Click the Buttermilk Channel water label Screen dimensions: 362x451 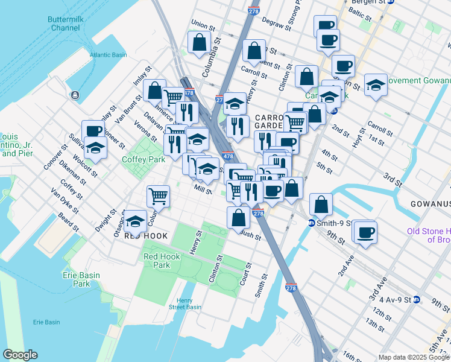pos(66,24)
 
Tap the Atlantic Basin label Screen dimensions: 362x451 pos(109,55)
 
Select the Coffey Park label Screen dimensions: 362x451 pos(143,160)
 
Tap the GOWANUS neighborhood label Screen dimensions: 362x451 pos(430,204)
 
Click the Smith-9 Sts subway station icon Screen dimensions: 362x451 pos(312,222)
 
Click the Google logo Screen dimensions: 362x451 pos(20,355)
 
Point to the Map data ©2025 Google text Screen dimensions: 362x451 pos(413,357)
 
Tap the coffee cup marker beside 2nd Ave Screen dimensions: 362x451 pos(365,232)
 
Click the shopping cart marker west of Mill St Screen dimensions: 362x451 pos(158,195)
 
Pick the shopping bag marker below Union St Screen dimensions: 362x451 pos(199,42)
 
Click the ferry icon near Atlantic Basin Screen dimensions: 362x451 pos(74,95)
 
